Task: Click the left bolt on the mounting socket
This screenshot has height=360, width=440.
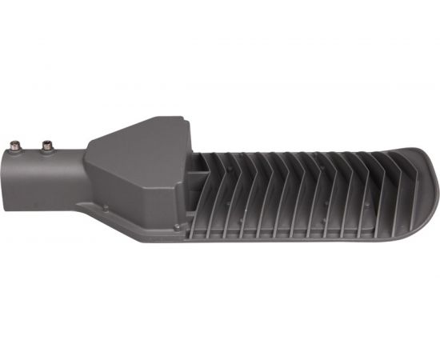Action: (x=14, y=146)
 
